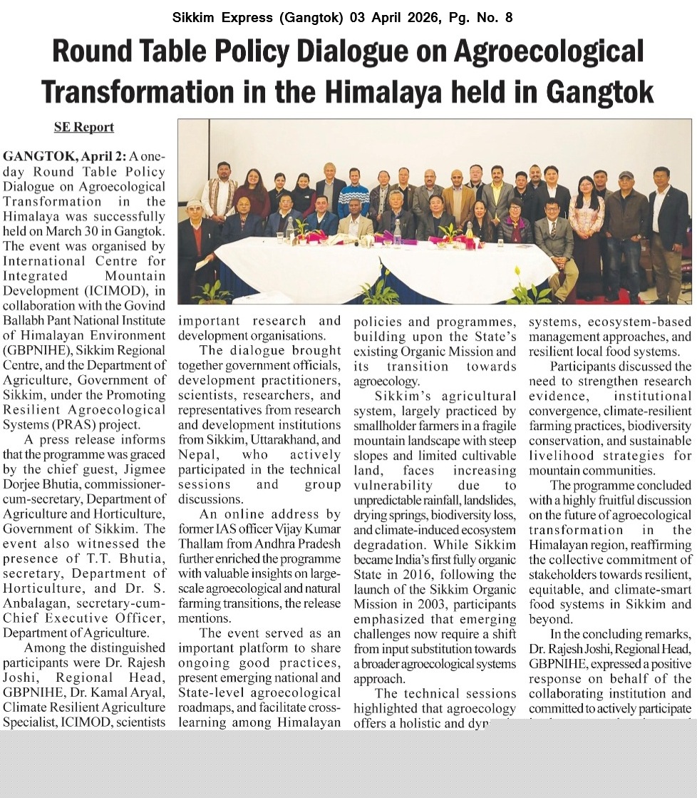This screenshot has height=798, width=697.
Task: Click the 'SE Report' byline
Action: (84, 127)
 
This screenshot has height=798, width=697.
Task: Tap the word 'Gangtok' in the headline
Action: (597, 92)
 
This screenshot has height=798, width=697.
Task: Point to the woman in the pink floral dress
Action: (586, 221)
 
